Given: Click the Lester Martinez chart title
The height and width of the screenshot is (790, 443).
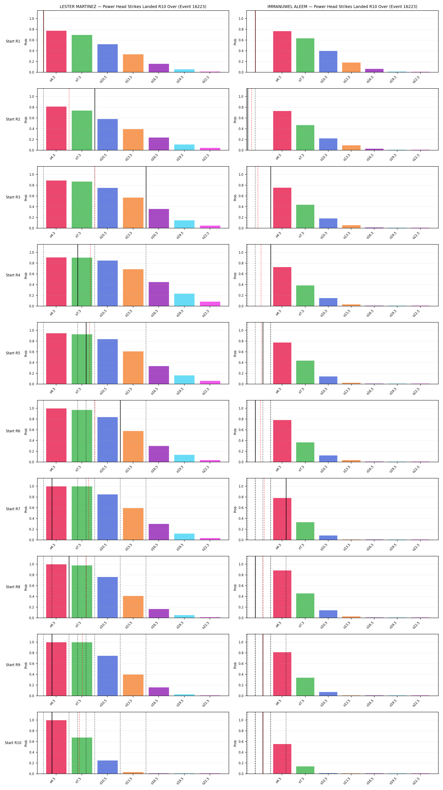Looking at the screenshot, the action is [x=133, y=7].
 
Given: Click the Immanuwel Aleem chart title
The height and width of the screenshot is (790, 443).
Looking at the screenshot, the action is [x=342, y=7].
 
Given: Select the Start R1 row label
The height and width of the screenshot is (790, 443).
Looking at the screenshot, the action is [x=13, y=42].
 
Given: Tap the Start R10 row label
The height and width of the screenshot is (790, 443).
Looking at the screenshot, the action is [x=13, y=743].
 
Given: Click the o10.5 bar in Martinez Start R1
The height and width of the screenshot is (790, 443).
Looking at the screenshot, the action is [x=107, y=58].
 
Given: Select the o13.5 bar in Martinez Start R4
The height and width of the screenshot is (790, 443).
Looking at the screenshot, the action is [x=133, y=288].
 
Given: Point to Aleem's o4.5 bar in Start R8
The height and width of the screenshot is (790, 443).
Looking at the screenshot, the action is [x=282, y=594].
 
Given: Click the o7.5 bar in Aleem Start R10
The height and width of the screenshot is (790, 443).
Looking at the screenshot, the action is [x=305, y=770].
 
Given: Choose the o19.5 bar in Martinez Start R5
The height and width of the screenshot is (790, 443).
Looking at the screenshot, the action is [x=184, y=380].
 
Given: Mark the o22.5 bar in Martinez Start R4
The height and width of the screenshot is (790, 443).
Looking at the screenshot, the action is [x=210, y=304].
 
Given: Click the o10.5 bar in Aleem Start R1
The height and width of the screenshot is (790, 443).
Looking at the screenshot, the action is [x=328, y=62].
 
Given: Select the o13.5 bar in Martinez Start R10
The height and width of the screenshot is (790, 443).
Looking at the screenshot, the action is [x=133, y=773].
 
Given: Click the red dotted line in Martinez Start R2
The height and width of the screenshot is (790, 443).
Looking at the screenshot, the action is [x=69, y=119].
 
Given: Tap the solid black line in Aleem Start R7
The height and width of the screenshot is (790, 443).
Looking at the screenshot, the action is [x=286, y=509].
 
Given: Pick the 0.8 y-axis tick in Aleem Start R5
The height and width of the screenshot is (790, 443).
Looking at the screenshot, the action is [x=241, y=341].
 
